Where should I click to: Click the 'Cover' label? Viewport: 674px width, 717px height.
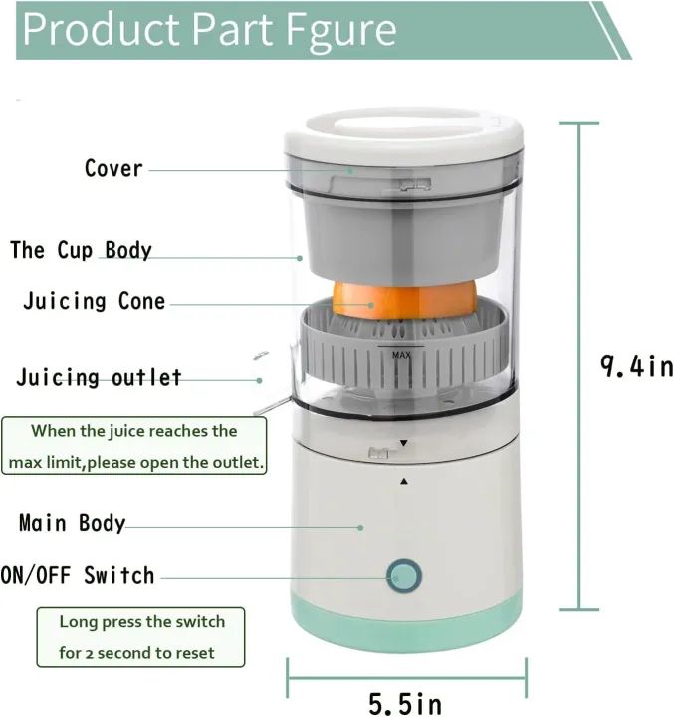113,168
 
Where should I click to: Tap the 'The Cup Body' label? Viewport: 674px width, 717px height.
81,249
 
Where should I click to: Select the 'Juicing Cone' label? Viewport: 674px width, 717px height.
95,301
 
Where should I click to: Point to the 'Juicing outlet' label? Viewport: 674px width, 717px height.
99,378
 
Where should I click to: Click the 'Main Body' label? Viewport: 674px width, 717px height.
73,523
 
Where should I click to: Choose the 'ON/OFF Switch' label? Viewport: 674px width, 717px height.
78,575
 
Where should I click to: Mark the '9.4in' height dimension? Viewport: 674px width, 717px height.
636,366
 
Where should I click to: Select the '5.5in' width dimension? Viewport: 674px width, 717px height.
405,704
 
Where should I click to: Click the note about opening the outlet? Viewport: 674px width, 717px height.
134,447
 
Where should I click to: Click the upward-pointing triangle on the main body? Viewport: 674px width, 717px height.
404,481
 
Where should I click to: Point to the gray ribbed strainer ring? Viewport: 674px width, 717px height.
403,368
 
